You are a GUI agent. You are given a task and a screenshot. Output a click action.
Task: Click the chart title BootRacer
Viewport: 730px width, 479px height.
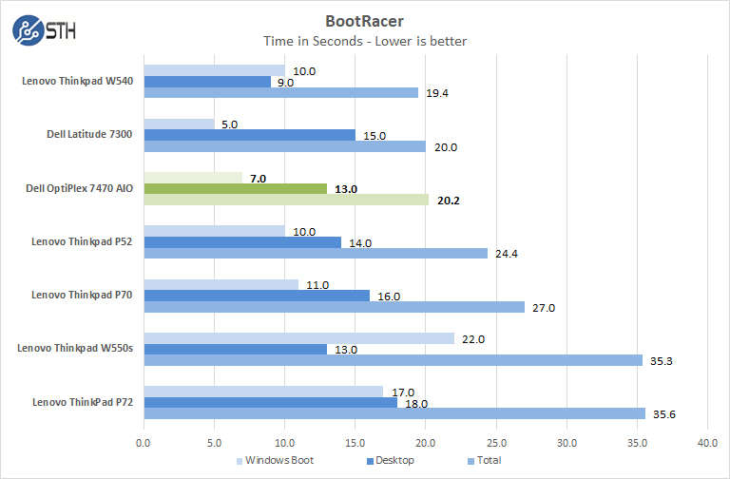tap(365, 18)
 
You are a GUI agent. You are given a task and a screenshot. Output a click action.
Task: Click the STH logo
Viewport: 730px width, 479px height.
tap(44, 29)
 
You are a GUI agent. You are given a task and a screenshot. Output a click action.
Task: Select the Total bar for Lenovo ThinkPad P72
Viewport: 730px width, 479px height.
tap(394, 413)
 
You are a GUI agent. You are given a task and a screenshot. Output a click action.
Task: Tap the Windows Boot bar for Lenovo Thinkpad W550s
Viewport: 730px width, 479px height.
tap(298, 338)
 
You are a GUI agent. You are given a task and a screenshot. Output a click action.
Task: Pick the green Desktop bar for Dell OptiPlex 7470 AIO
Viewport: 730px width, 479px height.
tap(235, 189)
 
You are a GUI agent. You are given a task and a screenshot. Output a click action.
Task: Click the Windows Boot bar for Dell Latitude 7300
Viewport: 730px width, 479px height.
tap(179, 124)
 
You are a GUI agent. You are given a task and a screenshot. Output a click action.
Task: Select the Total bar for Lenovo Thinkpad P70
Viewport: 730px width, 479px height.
tap(334, 307)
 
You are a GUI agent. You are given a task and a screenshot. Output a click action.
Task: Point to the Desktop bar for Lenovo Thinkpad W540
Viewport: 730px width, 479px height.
tap(206, 82)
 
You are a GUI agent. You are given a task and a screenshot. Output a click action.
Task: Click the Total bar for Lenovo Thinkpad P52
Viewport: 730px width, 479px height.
tap(315, 254)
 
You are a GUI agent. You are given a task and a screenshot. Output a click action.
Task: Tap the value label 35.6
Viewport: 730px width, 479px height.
tap(663, 413)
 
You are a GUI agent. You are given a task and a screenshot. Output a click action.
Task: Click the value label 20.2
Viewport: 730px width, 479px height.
tap(449, 201)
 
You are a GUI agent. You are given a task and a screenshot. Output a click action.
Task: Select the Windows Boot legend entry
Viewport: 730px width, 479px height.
tap(276, 461)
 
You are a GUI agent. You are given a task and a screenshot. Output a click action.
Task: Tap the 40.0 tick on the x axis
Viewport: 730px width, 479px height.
tap(707, 442)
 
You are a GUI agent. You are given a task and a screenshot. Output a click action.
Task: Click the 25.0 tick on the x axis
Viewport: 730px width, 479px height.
tap(495, 442)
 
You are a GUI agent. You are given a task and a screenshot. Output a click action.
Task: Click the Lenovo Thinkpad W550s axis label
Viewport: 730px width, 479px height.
tap(75, 349)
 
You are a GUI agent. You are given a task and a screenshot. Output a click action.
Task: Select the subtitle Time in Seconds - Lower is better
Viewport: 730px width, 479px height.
tap(365, 40)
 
